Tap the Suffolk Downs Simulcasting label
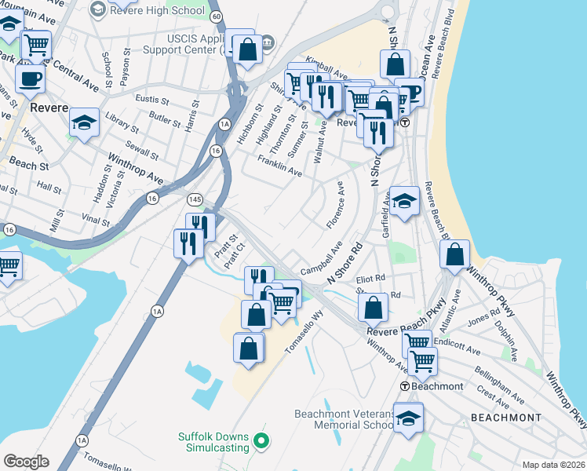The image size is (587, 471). coord(211,441)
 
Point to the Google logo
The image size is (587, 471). coord(26,462)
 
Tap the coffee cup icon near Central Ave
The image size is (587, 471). coord(30,78)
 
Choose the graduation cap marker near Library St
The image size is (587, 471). coord(84,122)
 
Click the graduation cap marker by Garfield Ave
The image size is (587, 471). coord(404,202)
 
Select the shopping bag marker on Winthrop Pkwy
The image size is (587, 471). coord(454,254)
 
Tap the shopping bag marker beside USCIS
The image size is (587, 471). coord(248,49)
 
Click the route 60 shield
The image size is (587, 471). coord(216,16)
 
